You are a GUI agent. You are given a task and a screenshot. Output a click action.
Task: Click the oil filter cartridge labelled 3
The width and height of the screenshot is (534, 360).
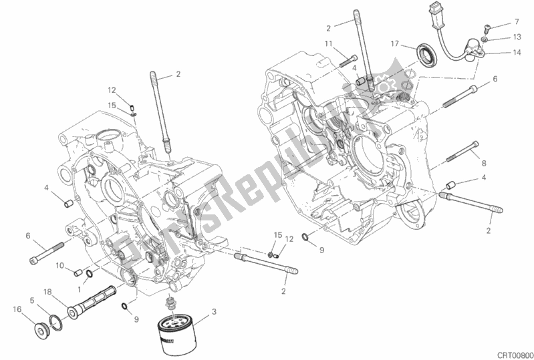click(176, 330)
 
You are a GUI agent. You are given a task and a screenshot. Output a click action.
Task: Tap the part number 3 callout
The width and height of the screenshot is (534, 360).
click(213, 312)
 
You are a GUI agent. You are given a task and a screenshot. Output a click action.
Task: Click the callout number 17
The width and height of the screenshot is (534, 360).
click(395, 44)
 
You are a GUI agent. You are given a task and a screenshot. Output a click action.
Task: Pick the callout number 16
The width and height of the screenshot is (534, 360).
click(15, 308)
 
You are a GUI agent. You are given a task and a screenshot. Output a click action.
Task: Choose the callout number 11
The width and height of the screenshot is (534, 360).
click(328, 44)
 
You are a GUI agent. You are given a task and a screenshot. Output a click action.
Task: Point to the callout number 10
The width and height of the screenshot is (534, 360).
click(59, 265)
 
